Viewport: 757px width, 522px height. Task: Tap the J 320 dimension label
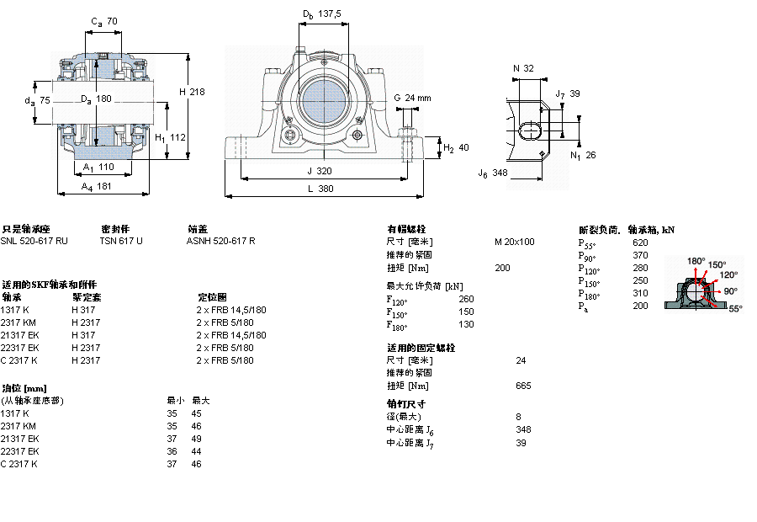coord(320,170)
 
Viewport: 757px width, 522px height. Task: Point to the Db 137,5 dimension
coord(321,13)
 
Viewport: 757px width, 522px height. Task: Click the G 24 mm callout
coord(412,98)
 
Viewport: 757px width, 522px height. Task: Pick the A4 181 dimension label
coord(98,188)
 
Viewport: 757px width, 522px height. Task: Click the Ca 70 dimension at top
coord(103,21)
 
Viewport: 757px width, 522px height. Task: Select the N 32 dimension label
coord(523,68)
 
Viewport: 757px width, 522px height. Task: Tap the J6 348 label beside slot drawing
coord(493,173)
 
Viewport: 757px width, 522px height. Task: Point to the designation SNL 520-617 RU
coord(34,241)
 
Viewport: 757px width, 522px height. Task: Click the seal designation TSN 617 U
coord(121,241)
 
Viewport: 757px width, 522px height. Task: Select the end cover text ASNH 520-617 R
coord(220,241)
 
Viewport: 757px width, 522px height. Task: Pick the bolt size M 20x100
coord(514,242)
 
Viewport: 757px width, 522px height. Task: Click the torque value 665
coord(523,386)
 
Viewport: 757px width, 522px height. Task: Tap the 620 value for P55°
coord(640,242)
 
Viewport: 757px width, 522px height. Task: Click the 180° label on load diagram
coord(696,261)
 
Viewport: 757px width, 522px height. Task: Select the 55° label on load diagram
coord(733,309)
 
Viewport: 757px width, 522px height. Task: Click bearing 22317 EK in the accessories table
coord(19,348)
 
